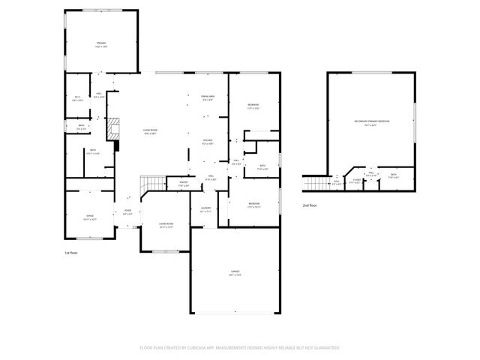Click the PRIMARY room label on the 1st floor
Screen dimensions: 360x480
[x=101, y=46]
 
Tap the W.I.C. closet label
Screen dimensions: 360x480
[x=77, y=97]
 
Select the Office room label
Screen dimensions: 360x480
[x=90, y=217]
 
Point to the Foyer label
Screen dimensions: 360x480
[x=127, y=212]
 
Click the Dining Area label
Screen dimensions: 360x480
[x=208, y=98]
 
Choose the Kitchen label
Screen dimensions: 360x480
[x=208, y=142]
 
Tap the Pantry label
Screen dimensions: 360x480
[x=183, y=184]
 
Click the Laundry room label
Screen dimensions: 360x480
[x=205, y=210]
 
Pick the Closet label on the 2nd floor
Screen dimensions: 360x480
[x=355, y=181]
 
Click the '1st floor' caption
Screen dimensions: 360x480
[x=71, y=253]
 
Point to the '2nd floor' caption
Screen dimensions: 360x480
[x=310, y=205]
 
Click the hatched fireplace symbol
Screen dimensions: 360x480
[x=112, y=129]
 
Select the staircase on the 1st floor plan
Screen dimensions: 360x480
[x=152, y=183]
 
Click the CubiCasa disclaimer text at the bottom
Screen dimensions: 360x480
[x=240, y=347]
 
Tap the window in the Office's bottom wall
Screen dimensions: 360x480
[x=90, y=238]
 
